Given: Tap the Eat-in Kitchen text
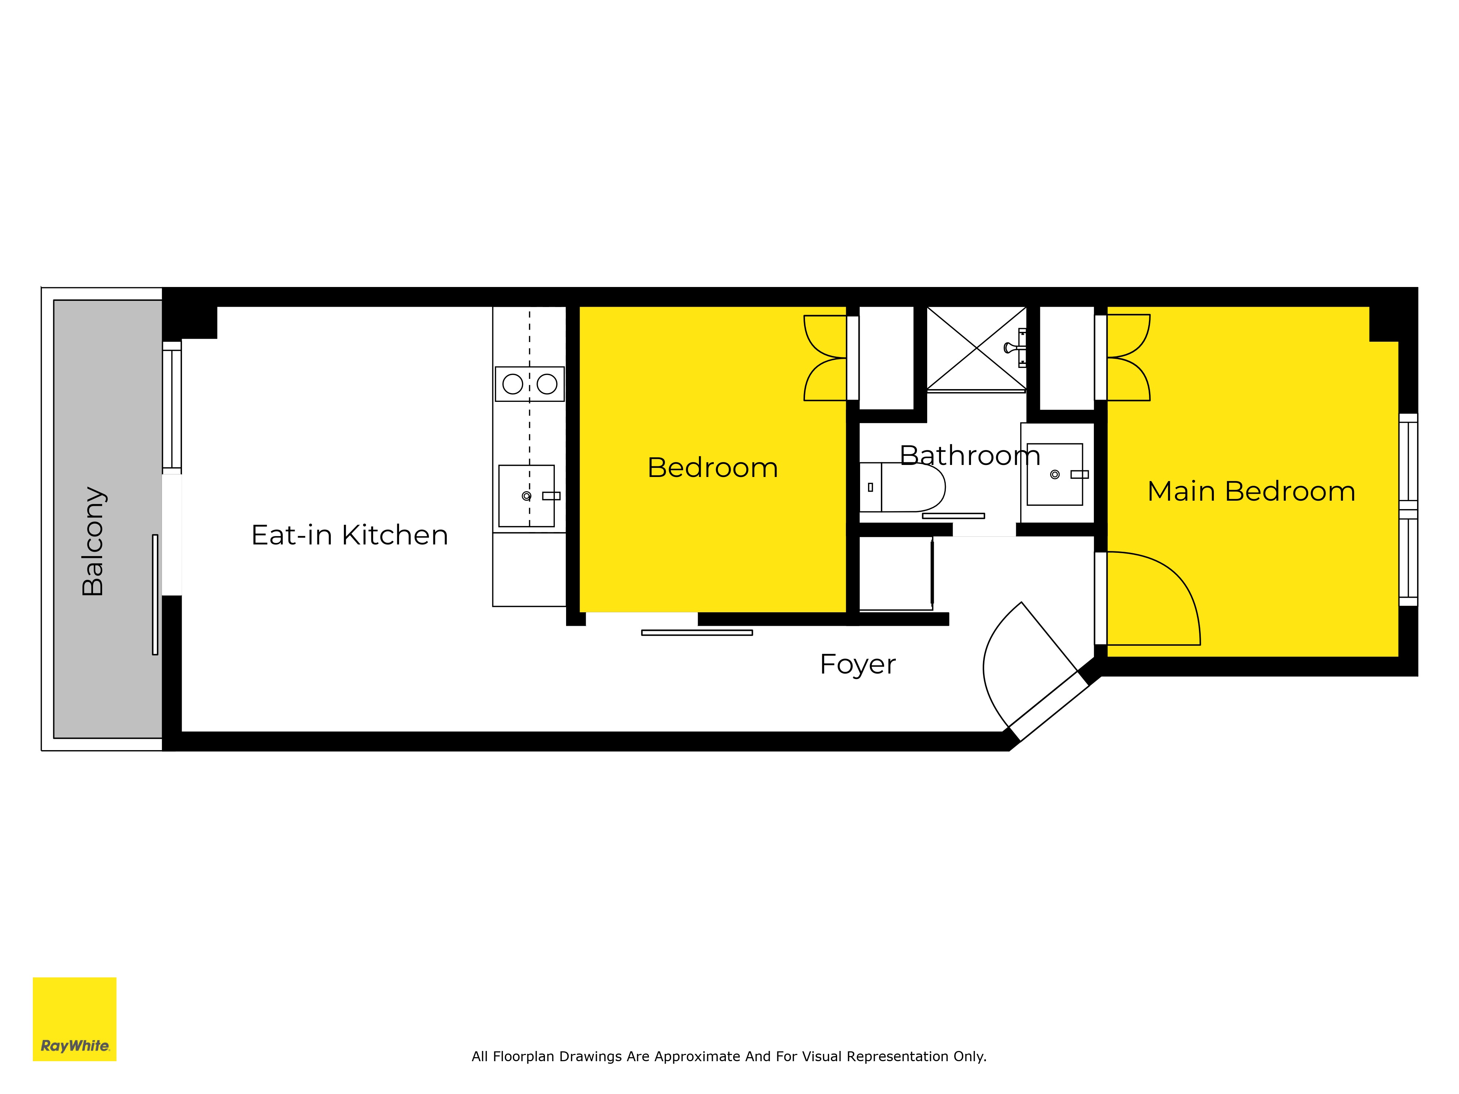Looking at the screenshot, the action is [x=349, y=535].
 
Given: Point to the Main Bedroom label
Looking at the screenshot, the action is [x=1251, y=491].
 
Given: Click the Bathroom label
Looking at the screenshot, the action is [x=970, y=456].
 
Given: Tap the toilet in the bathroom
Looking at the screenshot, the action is [x=902, y=487].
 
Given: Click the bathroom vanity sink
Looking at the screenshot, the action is [x=1055, y=474].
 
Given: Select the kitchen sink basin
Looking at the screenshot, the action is [x=526, y=496].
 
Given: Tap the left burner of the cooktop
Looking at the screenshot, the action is [x=512, y=384].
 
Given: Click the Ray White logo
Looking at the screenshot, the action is [x=74, y=1019].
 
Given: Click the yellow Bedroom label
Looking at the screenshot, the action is [x=712, y=468].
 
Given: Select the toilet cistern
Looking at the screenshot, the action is [x=871, y=487].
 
